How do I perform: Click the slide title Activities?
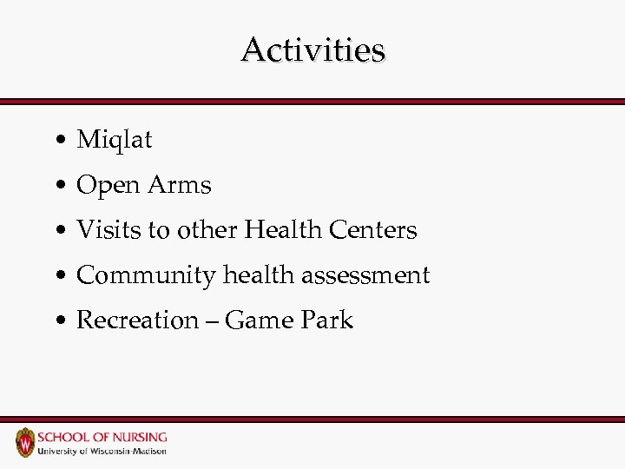click(312, 50)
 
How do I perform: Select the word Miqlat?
click(114, 140)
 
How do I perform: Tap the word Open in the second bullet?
click(109, 186)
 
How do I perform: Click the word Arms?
click(179, 185)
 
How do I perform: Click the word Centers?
click(373, 230)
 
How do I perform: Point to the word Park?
click(326, 320)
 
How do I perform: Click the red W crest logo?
click(25, 443)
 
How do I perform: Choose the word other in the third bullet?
click(207, 230)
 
